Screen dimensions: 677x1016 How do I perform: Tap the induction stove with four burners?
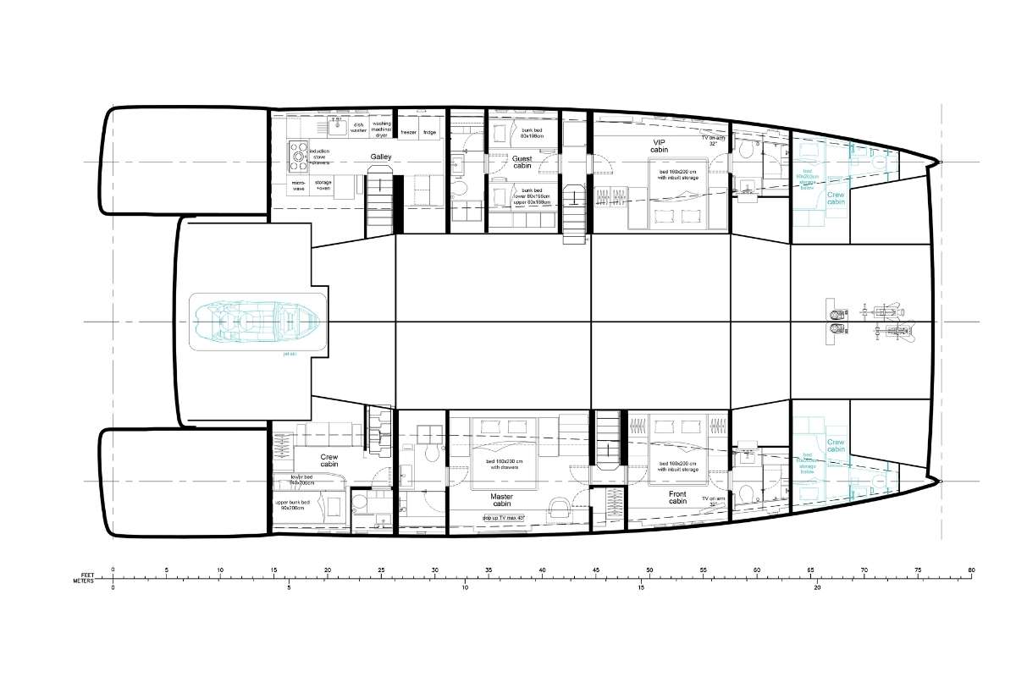299,155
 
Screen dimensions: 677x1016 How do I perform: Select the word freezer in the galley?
408,132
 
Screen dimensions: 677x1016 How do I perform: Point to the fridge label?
429,132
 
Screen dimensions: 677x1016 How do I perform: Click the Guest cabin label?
522,162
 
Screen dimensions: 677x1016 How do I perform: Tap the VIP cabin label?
660,146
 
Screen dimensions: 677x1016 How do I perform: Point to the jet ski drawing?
256,322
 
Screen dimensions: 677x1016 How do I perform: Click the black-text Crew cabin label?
329,460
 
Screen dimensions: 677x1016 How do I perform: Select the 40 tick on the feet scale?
542,570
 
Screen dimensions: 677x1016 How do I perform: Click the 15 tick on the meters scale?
641,586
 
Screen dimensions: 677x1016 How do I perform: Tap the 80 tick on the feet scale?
972,570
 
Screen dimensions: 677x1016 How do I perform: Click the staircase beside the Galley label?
380,201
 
